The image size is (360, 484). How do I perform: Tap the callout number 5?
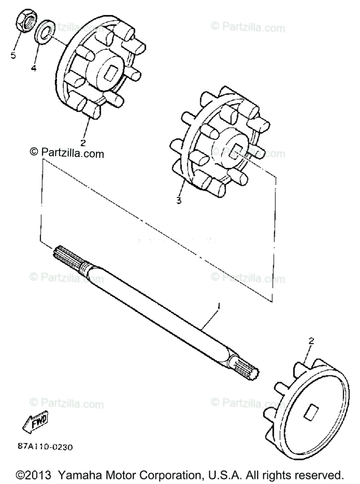point(14,55)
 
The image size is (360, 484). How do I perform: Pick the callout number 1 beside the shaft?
point(219,307)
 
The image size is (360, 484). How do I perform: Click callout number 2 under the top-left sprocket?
point(83,142)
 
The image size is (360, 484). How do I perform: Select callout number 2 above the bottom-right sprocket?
point(311,341)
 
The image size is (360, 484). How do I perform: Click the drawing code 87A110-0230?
point(46,447)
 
